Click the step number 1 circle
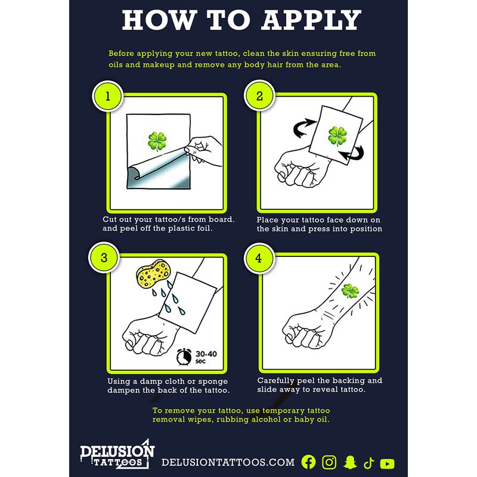coord(107,96)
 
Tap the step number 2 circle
coord(259,96)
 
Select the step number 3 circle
coord(104,258)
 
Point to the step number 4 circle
coord(259,258)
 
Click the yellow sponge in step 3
coord(153,273)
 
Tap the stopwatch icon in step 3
coord(184,357)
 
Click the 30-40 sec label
coord(206,357)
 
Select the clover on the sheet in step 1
coord(157,141)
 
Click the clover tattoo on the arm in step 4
coord(350,291)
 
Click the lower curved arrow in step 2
coord(354,154)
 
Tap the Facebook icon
coord(308,462)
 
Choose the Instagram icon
coord(329,462)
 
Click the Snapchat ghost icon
coord(350,462)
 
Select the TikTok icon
coord(368,463)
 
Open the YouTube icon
coord(387,464)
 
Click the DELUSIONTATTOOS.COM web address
coord(228,462)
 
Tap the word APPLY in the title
coord(311,20)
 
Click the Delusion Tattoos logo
coord(117,454)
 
